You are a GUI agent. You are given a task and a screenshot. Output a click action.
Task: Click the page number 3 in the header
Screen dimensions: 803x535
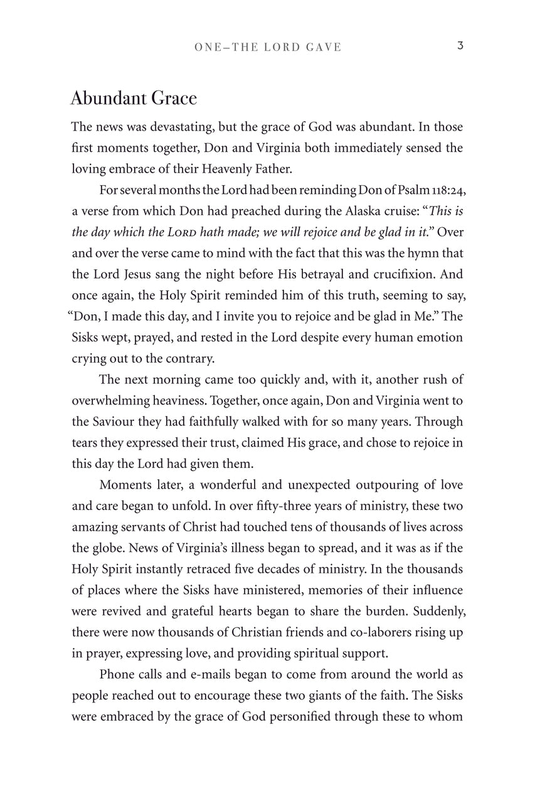coord(460,46)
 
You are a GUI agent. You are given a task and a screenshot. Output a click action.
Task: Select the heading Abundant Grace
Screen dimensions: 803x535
coord(134,98)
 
